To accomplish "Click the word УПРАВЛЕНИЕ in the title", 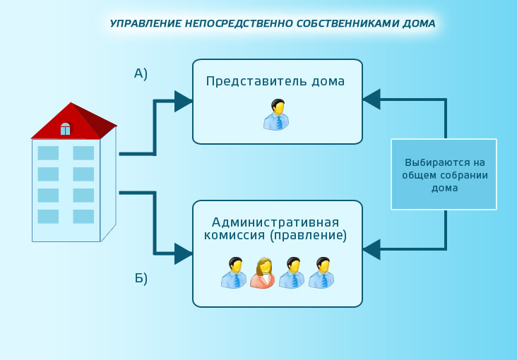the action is point(145,23).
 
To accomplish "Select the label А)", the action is point(141,73).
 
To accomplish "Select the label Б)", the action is point(141,279).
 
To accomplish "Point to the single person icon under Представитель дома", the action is point(276,114).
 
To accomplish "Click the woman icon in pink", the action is point(263,272).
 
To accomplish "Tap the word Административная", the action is point(275,222).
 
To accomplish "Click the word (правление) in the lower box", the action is point(309,236).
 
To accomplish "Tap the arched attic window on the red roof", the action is point(65,129).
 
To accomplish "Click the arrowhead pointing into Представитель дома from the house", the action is point(184,101).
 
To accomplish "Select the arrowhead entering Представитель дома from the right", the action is point(372,99).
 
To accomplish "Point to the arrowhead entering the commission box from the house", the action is point(184,253).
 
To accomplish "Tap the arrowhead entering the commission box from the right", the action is point(372,249).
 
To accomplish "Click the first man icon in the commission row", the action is point(234,272).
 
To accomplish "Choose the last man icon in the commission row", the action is point(321,272).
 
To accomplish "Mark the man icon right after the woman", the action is point(292,272).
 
